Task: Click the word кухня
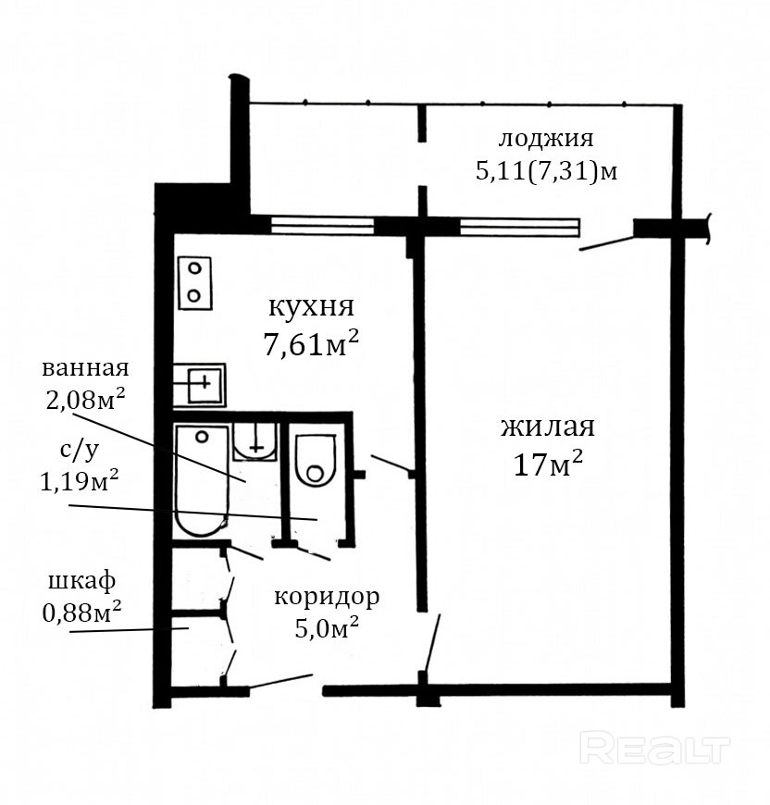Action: pyautogui.click(x=312, y=307)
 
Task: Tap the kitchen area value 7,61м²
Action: pyautogui.click(x=311, y=343)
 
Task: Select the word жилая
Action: pyautogui.click(x=548, y=427)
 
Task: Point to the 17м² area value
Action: pyautogui.click(x=548, y=464)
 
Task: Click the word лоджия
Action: pyautogui.click(x=546, y=139)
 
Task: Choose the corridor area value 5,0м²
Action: pyautogui.click(x=327, y=627)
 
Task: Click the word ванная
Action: pyautogui.click(x=85, y=368)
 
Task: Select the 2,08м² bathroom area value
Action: pyautogui.click(x=86, y=399)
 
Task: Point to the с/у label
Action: pyautogui.click(x=79, y=451)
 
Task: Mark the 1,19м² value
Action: pyautogui.click(x=80, y=481)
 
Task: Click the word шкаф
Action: pyautogui.click(x=81, y=582)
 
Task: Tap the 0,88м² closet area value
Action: pyautogui.click(x=81, y=612)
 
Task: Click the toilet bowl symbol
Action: pyautogui.click(x=316, y=461)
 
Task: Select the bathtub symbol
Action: pyautogui.click(x=202, y=480)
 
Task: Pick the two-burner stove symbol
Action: pyautogui.click(x=195, y=283)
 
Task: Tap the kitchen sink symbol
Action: pyautogui.click(x=199, y=385)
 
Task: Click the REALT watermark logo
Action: pyautogui.click(x=655, y=749)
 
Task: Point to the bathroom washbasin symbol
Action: pyautogui.click(x=255, y=440)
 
